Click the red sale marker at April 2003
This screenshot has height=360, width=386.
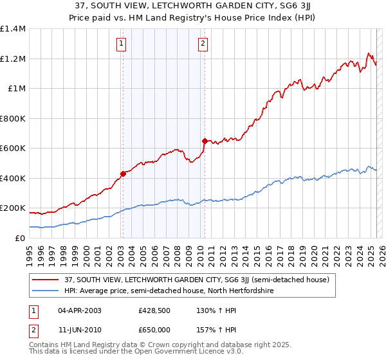pos(123,174)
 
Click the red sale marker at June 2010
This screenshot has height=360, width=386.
pos(205,141)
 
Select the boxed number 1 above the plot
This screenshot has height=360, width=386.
pos(122,44)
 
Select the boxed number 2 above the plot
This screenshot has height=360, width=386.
pos(203,44)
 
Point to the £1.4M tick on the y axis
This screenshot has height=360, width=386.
pos(12,29)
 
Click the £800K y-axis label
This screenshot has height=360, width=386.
pos(12,118)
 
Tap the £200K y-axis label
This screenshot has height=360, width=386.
pos(12,208)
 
